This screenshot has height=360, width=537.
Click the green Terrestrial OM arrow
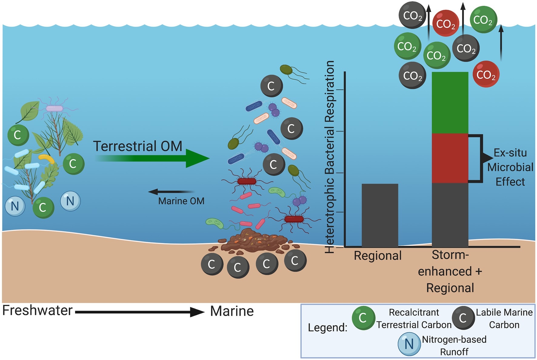pos(158,158)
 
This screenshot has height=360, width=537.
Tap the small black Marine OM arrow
pos(171,192)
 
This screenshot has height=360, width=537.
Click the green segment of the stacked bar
pos(450,103)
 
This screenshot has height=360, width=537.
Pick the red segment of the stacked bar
pos(450,158)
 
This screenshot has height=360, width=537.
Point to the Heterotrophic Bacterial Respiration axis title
pos(329,157)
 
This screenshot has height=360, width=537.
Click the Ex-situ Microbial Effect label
pos(510,167)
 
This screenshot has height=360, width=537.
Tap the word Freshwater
pos(37,311)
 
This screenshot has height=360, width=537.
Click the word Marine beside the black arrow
pos(232,311)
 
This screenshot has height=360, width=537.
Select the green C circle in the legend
pos(363,318)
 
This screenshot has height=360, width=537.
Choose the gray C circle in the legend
pos(463,318)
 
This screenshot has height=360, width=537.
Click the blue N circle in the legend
pos(409,344)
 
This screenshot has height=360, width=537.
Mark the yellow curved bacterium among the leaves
pos(46,159)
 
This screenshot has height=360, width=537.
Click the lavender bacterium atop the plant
pos(55,108)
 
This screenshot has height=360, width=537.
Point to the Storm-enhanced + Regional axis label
pos(450,271)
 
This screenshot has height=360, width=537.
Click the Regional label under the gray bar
pos(378,256)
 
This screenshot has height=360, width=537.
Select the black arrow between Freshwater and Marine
pos(139,312)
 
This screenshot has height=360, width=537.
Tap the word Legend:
pos(327,328)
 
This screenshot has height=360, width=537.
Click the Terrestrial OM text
pos(138,146)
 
